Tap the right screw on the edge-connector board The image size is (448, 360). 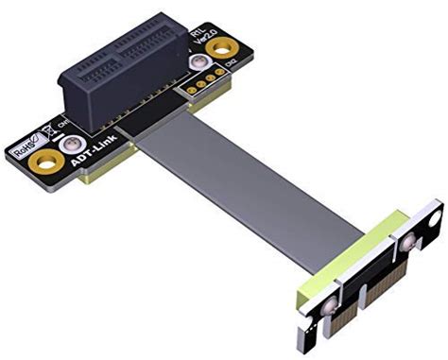tap(407, 244)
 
